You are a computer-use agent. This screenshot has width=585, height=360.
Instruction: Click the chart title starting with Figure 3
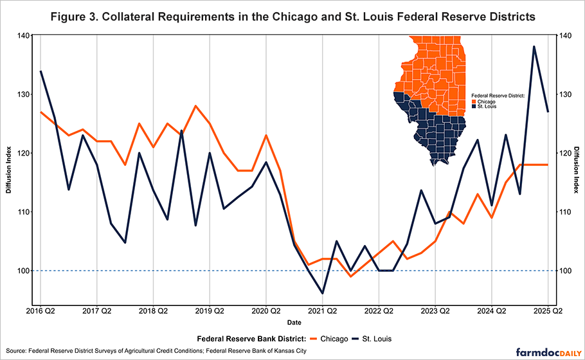292,15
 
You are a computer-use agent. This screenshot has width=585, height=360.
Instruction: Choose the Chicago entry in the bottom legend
328,338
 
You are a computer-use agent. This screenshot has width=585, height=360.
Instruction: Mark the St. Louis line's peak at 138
534,47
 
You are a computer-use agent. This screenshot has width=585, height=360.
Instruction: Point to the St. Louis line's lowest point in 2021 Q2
322,293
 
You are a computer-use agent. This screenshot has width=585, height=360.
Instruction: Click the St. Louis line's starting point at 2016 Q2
40,71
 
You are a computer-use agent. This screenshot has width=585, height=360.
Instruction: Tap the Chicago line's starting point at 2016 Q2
40,113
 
